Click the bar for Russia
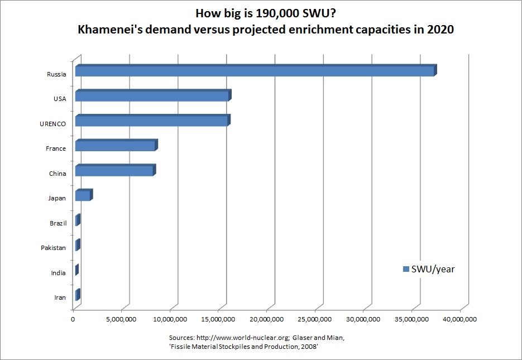pyautogui.click(x=256, y=70)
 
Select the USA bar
pyautogui.click(x=153, y=95)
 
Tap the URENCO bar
pyautogui.click(x=153, y=120)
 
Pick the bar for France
pyautogui.click(x=117, y=145)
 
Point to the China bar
pyautogui.click(x=116, y=170)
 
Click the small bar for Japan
pyautogui.click(x=84, y=195)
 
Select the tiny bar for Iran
pyautogui.click(x=78, y=295)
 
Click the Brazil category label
pyautogui.click(x=58, y=223)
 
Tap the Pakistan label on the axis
pyautogui.click(x=53, y=248)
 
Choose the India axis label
pyautogui.click(x=58, y=273)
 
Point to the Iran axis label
pyautogui.click(x=60, y=298)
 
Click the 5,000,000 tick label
pyautogui.click(x=121, y=319)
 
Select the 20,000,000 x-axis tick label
pyautogui.click(x=266, y=319)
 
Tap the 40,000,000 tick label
pyautogui.click(x=459, y=319)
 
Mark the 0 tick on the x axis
pyautogui.click(x=73, y=319)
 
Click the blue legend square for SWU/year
pyautogui.click(x=406, y=269)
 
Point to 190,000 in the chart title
pyautogui.click(x=277, y=13)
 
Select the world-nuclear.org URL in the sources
pyautogui.click(x=243, y=338)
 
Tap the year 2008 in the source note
pyautogui.click(x=309, y=347)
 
